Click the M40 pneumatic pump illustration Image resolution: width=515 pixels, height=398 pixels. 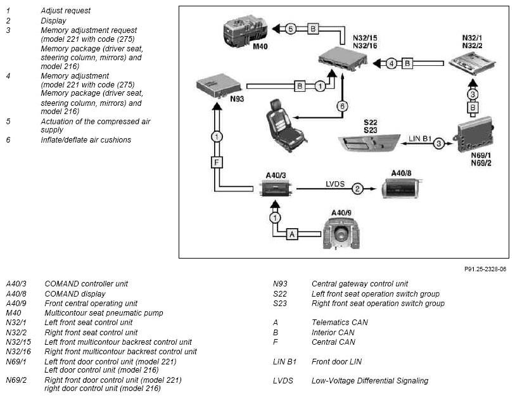(245, 30)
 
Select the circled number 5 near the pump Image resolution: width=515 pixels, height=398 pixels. (290, 29)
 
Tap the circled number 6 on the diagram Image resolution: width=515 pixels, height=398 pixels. (342, 106)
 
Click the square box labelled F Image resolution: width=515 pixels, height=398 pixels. (217, 162)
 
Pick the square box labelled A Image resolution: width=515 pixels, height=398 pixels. (292, 234)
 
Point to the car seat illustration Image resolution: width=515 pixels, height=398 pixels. (286, 126)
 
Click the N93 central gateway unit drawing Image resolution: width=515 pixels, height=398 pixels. (219, 86)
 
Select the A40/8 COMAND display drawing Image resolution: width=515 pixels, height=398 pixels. (402, 189)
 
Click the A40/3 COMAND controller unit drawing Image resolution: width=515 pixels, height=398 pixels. (276, 188)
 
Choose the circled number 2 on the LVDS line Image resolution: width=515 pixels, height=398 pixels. (357, 189)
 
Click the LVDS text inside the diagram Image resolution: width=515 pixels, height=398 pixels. (335, 184)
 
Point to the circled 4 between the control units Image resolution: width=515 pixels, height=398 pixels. (391, 63)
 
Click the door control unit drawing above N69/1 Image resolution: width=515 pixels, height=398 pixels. (475, 134)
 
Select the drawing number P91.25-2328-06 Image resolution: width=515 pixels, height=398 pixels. (485, 269)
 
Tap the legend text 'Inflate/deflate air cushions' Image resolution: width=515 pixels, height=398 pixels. (86, 140)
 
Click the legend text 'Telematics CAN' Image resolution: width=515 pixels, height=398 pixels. (340, 323)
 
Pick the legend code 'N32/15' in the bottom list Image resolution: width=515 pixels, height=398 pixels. (18, 342)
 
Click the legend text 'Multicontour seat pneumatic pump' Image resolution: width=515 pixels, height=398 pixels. (104, 313)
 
